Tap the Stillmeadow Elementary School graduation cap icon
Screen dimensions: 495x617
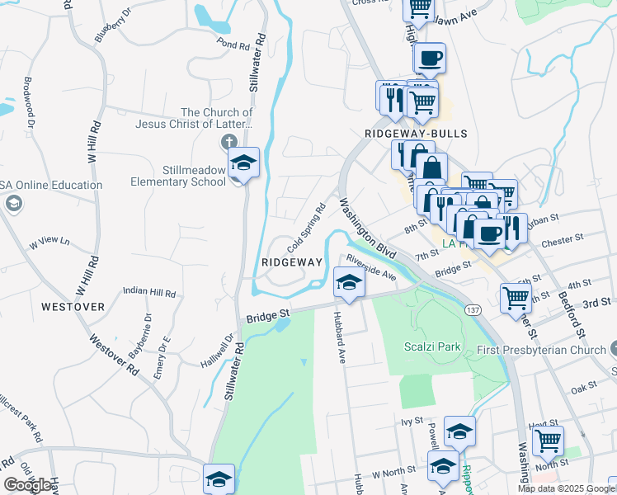pyautogui.click(x=243, y=163)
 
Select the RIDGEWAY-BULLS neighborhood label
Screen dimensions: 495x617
pyautogui.click(x=416, y=133)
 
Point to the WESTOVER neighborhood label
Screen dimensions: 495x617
pyautogui.click(x=73, y=307)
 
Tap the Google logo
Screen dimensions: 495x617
pyautogui.click(x=28, y=485)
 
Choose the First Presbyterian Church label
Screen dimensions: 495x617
pyautogui.click(x=542, y=351)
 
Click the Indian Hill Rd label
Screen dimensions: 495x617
pyautogui.click(x=149, y=292)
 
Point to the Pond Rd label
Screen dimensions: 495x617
pyautogui.click(x=233, y=47)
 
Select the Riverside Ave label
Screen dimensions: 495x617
pyautogui.click(x=371, y=267)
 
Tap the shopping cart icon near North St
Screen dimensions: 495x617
pyautogui.click(x=548, y=441)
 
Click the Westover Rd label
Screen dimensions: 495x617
pyautogui.click(x=115, y=356)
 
